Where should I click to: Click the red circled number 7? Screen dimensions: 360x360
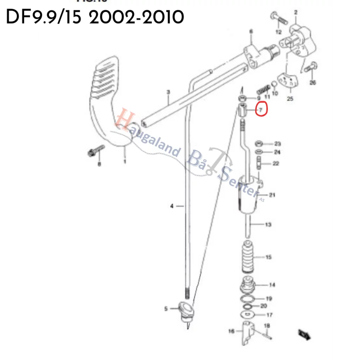click(261, 110)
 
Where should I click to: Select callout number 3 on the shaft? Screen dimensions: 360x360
click(168, 92)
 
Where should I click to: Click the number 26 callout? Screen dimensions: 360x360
click(313, 83)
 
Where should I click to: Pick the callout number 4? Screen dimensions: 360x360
click(172, 206)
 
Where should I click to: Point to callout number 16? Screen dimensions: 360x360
click(231, 331)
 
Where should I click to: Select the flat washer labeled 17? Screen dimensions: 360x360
click(248, 314)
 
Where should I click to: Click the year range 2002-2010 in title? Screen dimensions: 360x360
click(136, 17)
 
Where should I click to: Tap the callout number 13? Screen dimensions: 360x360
click(268, 224)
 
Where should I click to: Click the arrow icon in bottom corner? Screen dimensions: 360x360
click(304, 334)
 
